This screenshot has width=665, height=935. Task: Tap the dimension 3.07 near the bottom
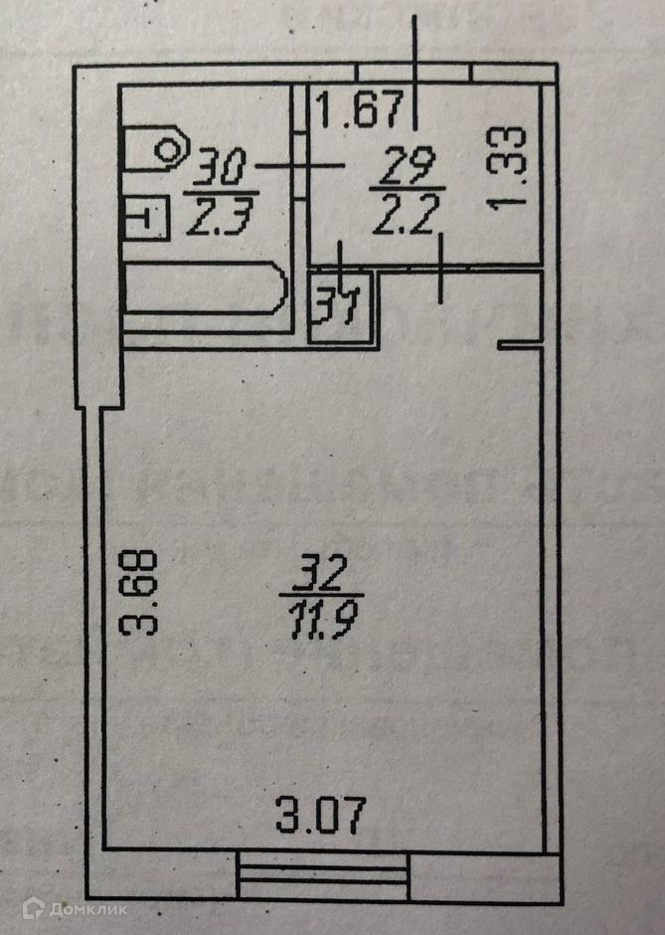click(x=321, y=818)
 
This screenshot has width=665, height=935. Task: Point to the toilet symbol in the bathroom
click(x=159, y=150)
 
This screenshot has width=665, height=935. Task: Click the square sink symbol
click(x=145, y=218)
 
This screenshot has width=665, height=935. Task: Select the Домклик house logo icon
click(x=36, y=907)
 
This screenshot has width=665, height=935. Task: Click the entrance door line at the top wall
click(x=415, y=74)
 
